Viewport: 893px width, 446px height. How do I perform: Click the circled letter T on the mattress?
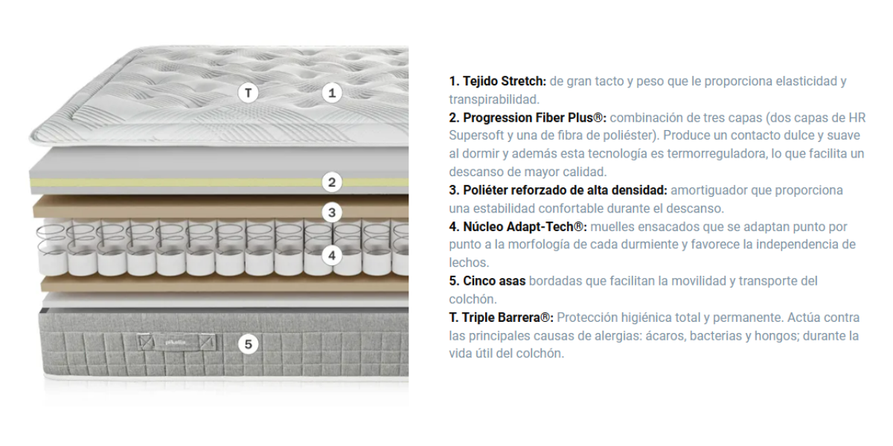point(248,93)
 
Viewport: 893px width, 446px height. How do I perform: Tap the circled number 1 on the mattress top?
point(332,93)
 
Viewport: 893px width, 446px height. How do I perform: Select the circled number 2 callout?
point(332,182)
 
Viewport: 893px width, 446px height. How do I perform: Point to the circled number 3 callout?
point(332,213)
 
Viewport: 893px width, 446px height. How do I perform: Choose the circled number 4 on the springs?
point(332,256)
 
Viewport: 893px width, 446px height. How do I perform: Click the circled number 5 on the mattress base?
point(248,344)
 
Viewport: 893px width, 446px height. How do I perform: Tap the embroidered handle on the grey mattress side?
point(176,342)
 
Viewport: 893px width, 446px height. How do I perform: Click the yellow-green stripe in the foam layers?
point(219,182)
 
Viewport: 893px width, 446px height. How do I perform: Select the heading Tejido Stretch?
point(505,81)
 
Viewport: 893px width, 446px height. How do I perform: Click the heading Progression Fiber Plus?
point(534,118)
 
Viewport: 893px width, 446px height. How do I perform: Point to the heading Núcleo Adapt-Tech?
point(525,227)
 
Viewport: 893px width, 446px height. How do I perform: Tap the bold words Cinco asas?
point(494,281)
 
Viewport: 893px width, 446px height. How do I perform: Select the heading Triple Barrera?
point(508,318)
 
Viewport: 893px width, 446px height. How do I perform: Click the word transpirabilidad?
point(494,100)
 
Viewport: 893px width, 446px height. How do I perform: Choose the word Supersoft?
point(476,136)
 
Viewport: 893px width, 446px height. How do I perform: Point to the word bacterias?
point(716,336)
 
